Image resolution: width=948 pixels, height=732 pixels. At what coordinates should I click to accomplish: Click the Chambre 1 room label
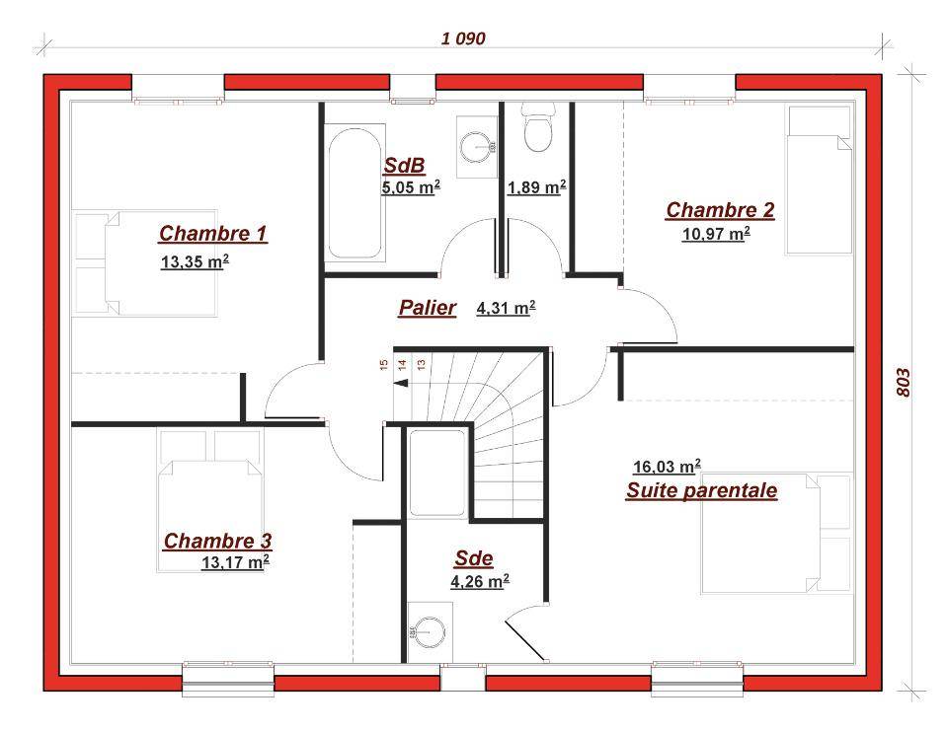[213, 233]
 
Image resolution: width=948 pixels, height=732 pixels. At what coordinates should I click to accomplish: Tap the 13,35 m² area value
[195, 261]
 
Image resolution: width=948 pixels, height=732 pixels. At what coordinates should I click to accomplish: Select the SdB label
[405, 165]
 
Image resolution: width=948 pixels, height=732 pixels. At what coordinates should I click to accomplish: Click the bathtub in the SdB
[355, 192]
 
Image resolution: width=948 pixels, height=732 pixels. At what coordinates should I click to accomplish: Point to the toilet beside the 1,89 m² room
[537, 127]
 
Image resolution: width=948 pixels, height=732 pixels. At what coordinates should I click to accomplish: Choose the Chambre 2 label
[720, 210]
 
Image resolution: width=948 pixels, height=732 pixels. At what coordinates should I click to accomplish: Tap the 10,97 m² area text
[717, 233]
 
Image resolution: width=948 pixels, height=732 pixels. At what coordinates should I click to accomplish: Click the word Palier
[428, 308]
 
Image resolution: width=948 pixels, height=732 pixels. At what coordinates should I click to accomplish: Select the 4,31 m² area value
[506, 308]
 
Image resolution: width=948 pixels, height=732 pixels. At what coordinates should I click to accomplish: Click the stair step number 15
[383, 364]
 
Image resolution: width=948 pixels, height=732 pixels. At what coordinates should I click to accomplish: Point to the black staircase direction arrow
[401, 383]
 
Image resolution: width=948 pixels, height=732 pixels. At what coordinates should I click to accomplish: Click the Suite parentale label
[701, 490]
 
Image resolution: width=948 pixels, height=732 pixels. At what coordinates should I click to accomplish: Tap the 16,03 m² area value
[667, 467]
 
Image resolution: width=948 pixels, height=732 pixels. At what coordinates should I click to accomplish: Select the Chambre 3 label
[217, 541]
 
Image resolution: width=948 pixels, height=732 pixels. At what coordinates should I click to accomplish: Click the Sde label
[474, 558]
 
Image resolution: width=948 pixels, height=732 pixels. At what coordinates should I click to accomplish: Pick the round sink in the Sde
[429, 632]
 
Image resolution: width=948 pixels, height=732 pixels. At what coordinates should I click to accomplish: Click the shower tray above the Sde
[437, 473]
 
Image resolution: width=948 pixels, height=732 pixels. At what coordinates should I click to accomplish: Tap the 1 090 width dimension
[463, 38]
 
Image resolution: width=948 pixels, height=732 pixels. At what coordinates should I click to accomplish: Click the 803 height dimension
[902, 383]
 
